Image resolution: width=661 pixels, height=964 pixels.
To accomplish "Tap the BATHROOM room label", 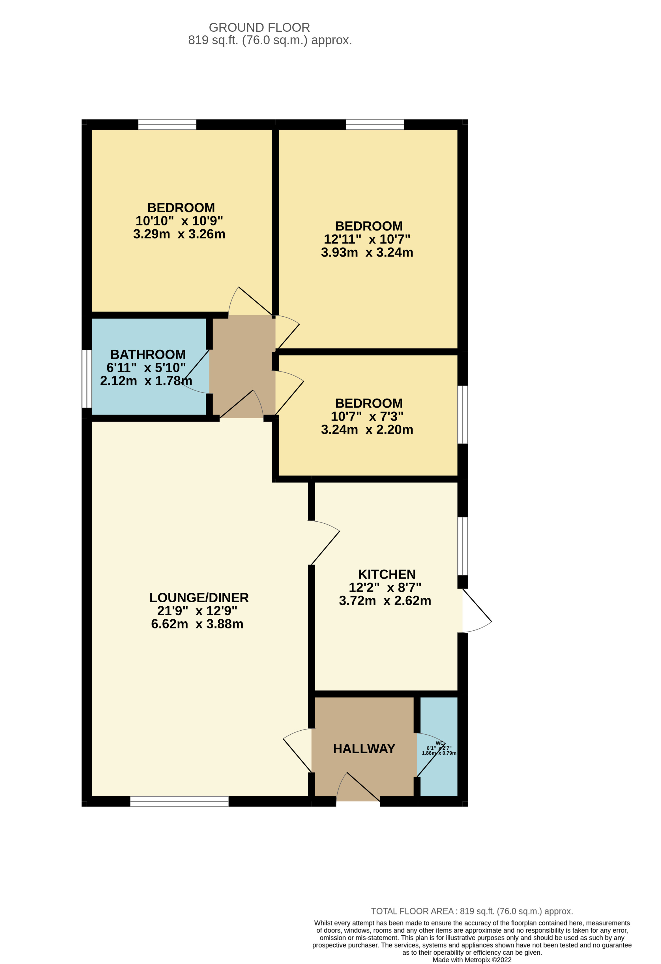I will click(148, 355).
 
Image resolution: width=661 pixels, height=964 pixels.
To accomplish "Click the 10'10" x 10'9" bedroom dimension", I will click(179, 221).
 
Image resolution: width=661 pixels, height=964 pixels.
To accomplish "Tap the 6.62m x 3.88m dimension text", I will click(197, 624).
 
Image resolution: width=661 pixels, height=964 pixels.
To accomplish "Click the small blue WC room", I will click(439, 767).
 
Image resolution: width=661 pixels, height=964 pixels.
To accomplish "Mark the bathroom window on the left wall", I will click(87, 379).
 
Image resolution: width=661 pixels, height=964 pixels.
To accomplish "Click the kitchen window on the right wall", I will click(462, 546).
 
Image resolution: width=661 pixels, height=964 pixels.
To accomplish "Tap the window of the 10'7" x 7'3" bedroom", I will click(462, 415).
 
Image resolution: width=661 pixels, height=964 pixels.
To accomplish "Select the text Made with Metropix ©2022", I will click(472, 960).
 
